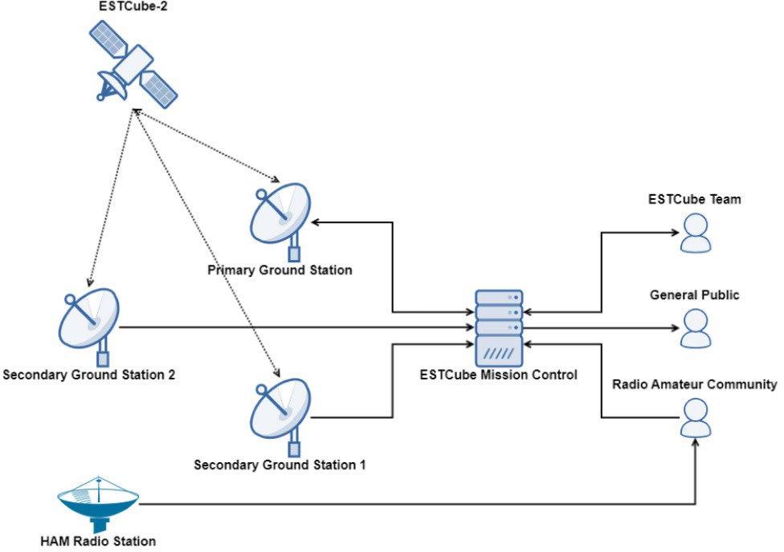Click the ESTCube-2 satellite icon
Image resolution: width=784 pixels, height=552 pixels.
point(133,62)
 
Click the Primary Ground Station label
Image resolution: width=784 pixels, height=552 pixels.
point(280,270)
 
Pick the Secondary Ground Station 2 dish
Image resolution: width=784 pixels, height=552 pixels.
point(90,320)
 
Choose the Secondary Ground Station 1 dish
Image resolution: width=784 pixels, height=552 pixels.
point(280,409)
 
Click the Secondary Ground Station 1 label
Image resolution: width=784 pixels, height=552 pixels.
point(280,465)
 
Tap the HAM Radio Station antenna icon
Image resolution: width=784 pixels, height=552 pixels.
point(99,501)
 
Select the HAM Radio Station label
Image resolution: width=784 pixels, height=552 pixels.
point(98,541)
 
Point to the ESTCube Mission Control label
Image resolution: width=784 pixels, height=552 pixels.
point(499,374)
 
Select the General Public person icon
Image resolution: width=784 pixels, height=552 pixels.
point(695,328)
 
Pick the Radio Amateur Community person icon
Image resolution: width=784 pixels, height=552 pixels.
point(695,418)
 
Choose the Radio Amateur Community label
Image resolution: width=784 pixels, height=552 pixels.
point(695,384)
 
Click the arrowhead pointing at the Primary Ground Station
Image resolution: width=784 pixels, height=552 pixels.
point(316,221)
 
